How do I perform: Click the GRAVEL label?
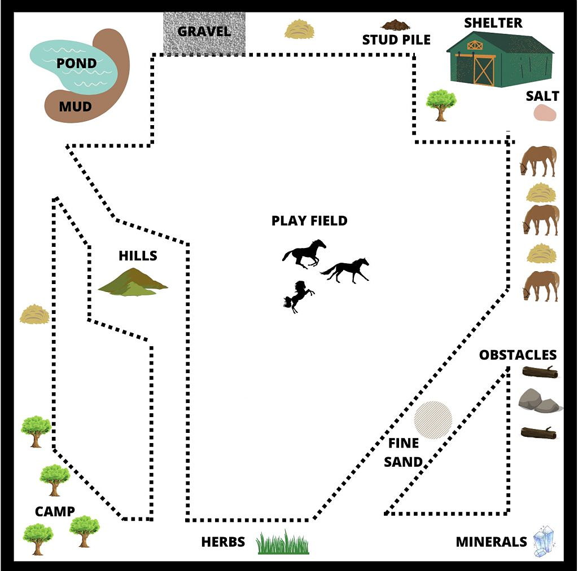204,32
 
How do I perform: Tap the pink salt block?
545,113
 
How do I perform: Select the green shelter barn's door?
483,70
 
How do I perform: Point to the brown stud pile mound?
396,25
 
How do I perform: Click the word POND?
76,63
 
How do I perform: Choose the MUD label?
75,107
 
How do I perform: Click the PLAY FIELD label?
309,220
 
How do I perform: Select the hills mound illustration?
133,282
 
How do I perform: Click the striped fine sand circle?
433,420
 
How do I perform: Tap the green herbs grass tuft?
283,542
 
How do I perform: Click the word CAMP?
55,511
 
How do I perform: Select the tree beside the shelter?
441,105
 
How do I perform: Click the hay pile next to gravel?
299,29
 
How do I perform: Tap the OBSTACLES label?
518,355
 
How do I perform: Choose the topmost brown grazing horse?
538,161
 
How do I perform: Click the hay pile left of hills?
34,314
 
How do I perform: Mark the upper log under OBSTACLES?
540,372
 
